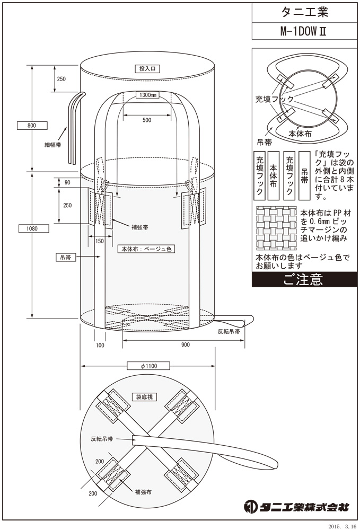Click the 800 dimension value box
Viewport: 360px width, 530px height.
click(x=31, y=126)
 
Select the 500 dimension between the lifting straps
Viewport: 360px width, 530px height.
click(x=147, y=120)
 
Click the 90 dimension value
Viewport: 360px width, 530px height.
click(x=67, y=182)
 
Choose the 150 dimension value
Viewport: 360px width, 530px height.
click(x=100, y=241)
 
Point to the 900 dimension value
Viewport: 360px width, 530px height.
click(x=185, y=344)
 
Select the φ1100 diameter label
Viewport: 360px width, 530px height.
click(x=148, y=366)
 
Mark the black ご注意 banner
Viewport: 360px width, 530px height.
click(x=302, y=279)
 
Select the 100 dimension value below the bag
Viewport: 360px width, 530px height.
click(x=100, y=344)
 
